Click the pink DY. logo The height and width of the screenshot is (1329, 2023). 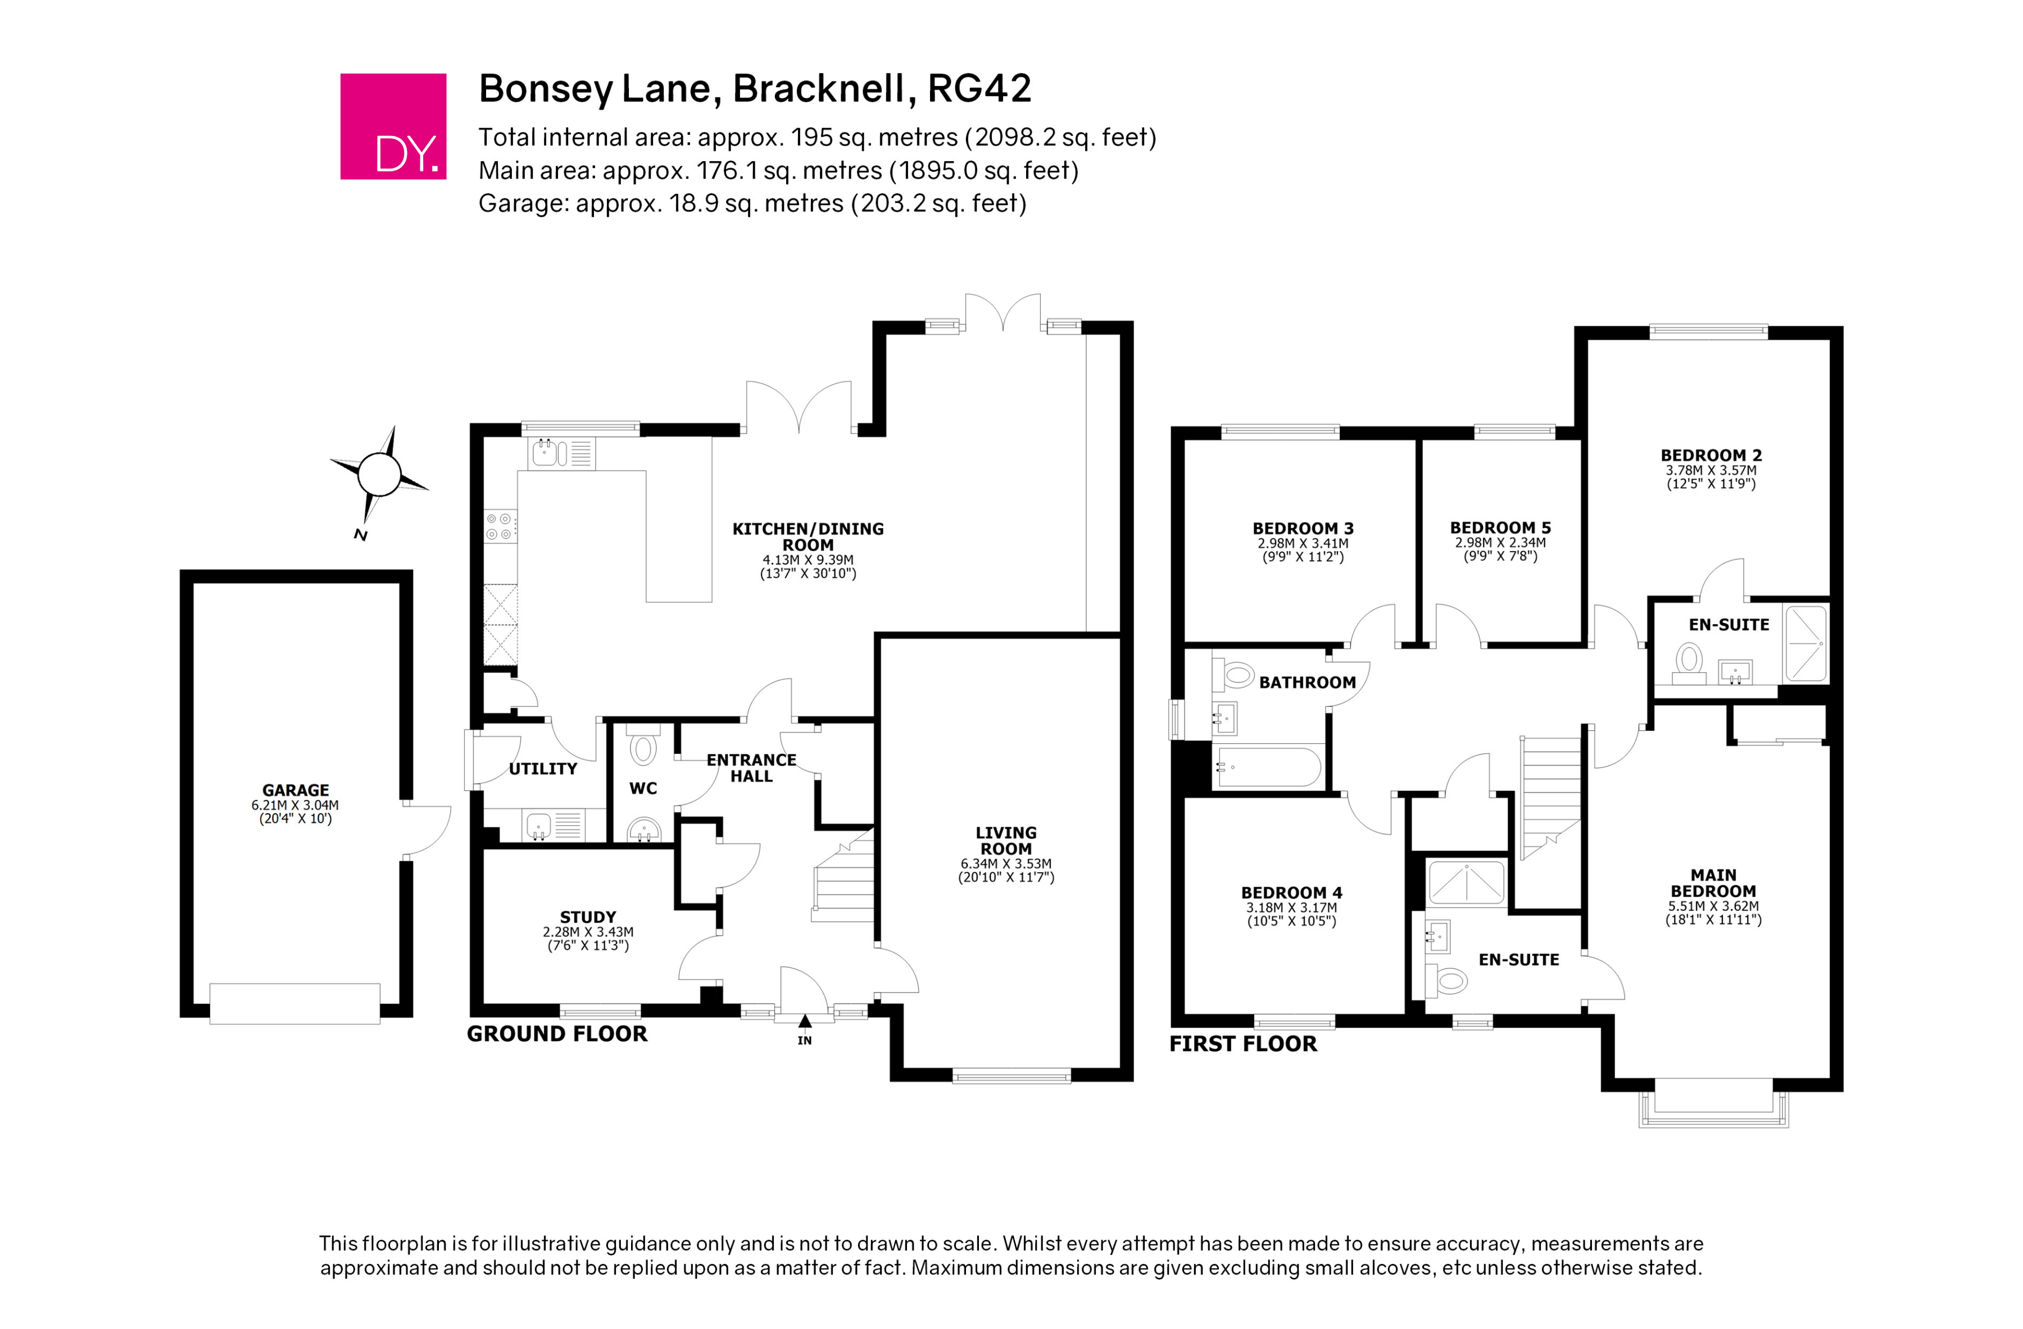click(x=393, y=126)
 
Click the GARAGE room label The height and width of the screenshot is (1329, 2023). click(x=295, y=790)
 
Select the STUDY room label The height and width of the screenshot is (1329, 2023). click(x=587, y=917)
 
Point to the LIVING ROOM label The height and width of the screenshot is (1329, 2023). click(x=1005, y=840)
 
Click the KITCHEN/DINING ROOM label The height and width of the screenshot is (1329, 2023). click(x=808, y=537)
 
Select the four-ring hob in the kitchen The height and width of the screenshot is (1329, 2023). click(x=500, y=526)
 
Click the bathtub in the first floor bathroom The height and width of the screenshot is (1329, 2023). click(x=1267, y=767)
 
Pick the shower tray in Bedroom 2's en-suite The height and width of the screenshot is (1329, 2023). click(x=1804, y=643)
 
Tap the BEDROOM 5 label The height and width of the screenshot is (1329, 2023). click(x=1500, y=527)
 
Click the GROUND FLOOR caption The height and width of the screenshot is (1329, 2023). click(x=557, y=1034)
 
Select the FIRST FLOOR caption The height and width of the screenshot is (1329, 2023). click(x=1242, y=1044)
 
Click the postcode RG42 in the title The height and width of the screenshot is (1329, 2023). click(x=979, y=88)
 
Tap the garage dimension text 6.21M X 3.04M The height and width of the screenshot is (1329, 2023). click(x=295, y=805)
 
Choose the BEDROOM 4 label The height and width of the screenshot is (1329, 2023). click(x=1291, y=893)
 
